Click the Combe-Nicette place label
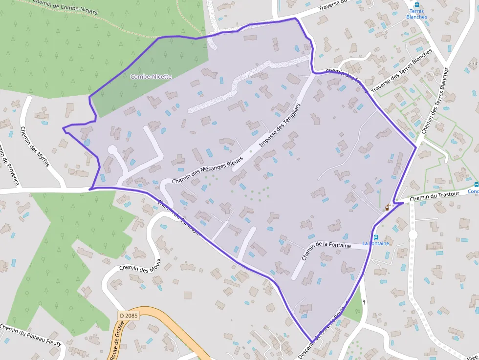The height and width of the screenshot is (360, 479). coord(151,77)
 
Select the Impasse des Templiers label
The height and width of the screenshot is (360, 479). coord(279,126)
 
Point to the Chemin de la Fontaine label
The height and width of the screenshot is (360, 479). coord(326,251)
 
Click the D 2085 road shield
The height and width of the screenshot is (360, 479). coord(129,316)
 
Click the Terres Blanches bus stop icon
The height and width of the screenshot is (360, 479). coord(416,10)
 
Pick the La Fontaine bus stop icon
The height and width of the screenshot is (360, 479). coord(375,237)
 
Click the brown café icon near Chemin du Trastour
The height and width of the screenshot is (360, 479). coord(388,207)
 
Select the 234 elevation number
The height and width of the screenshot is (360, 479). coord(473,64)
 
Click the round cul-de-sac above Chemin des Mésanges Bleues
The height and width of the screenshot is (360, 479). coord(112,150)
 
